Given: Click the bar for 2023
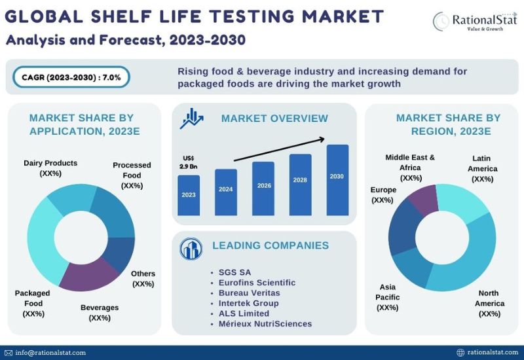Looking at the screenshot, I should pyautogui.click(x=189, y=194).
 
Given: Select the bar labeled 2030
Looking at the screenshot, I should pyautogui.click(x=337, y=179).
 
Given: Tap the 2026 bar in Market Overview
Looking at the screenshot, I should pyautogui.click(x=263, y=188).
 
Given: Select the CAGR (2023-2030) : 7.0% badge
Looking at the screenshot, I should pyautogui.click(x=71, y=77).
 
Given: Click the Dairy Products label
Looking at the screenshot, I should pyautogui.click(x=50, y=168).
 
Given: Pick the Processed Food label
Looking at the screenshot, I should pyautogui.click(x=132, y=175).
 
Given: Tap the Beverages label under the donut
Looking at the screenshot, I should pyautogui.click(x=99, y=312).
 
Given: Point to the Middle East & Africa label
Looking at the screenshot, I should pyautogui.click(x=410, y=168).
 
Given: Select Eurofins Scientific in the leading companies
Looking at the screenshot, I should pyautogui.click(x=257, y=282).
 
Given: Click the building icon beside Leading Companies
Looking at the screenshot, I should pyautogui.click(x=191, y=249).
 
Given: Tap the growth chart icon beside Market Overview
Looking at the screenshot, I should pyautogui.click(x=191, y=118).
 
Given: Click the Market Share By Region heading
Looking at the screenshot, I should pyautogui.click(x=448, y=124).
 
